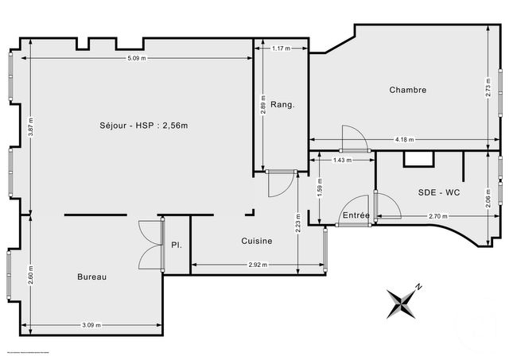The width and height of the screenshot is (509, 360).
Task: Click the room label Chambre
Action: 407,90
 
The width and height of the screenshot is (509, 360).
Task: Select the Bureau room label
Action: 92,277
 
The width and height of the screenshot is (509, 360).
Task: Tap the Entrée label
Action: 356,215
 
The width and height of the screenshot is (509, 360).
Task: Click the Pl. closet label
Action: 176,245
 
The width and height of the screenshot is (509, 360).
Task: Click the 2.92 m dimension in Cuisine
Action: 257,265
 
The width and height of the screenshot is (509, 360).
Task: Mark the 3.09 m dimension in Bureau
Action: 92,324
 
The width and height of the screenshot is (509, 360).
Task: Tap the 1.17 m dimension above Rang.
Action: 279,49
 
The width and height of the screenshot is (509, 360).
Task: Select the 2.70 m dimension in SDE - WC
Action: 437,216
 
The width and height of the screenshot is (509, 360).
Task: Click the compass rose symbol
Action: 403,303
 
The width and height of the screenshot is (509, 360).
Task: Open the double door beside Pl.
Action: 148,245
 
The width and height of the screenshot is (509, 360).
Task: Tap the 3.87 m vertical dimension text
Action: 30,126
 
